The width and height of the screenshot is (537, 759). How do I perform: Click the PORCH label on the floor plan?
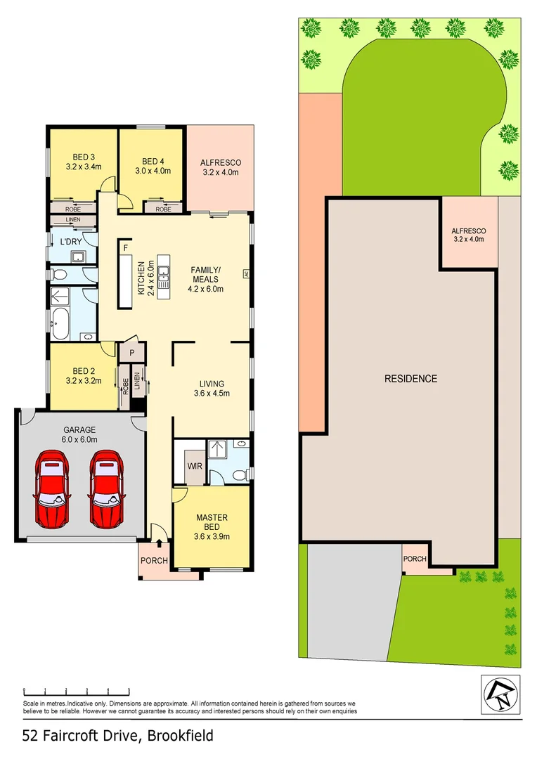[154, 561]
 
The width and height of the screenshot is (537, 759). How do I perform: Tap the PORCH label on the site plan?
[414, 559]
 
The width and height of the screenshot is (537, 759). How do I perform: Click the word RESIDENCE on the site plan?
[410, 379]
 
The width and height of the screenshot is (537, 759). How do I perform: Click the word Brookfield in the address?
[179, 736]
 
